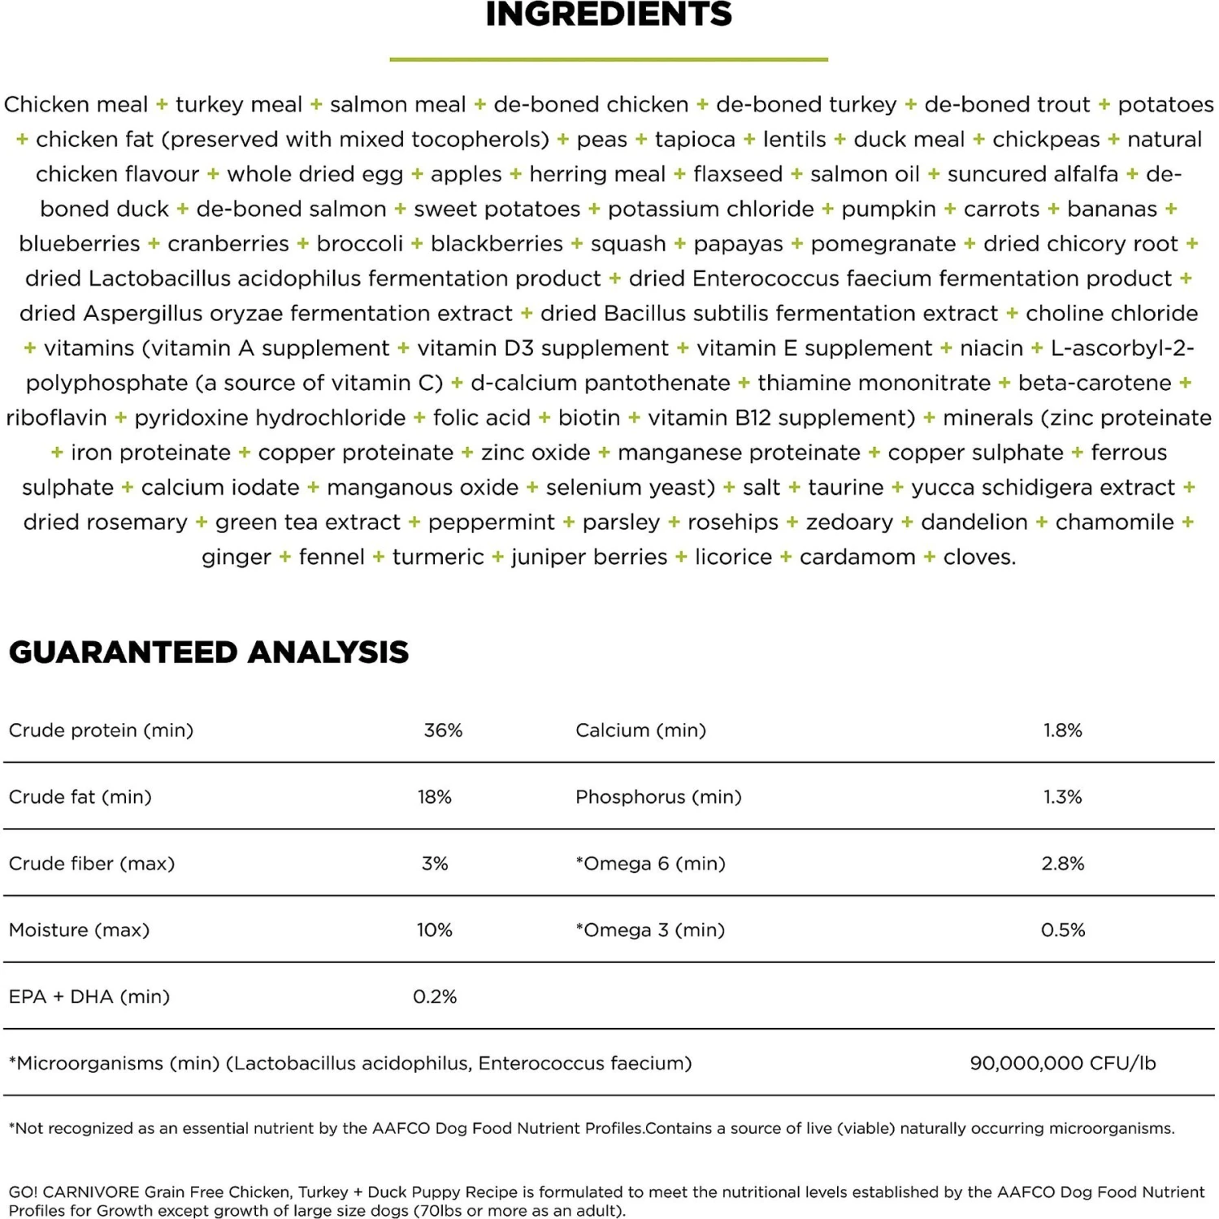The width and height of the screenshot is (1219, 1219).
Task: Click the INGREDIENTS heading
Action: click(609, 15)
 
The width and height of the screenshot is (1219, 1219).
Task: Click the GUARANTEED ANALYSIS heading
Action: click(209, 652)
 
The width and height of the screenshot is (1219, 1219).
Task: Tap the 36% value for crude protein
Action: click(443, 730)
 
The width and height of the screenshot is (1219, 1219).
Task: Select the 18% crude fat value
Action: click(434, 796)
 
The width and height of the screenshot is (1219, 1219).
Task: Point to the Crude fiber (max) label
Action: click(92, 863)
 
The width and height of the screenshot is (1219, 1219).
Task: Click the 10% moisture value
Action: click(434, 930)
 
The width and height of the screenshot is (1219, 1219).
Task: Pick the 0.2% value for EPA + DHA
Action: click(435, 996)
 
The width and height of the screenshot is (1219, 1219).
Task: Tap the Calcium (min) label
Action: click(640, 730)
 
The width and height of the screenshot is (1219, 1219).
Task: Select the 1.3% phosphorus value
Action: click(1062, 796)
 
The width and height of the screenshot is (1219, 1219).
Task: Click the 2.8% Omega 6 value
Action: click(1062, 863)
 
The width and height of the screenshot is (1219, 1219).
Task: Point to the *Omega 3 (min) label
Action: click(650, 930)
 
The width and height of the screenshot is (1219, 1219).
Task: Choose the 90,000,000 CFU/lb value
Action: click(1062, 1063)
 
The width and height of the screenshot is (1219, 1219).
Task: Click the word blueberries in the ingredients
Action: click(80, 244)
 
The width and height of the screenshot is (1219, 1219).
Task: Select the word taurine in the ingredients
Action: click(845, 488)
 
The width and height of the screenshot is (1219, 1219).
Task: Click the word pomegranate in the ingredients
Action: click(883, 244)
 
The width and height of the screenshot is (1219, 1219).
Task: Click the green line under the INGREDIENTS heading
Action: click(609, 59)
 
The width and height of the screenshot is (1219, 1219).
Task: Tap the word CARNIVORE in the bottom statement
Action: click(91, 1192)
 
